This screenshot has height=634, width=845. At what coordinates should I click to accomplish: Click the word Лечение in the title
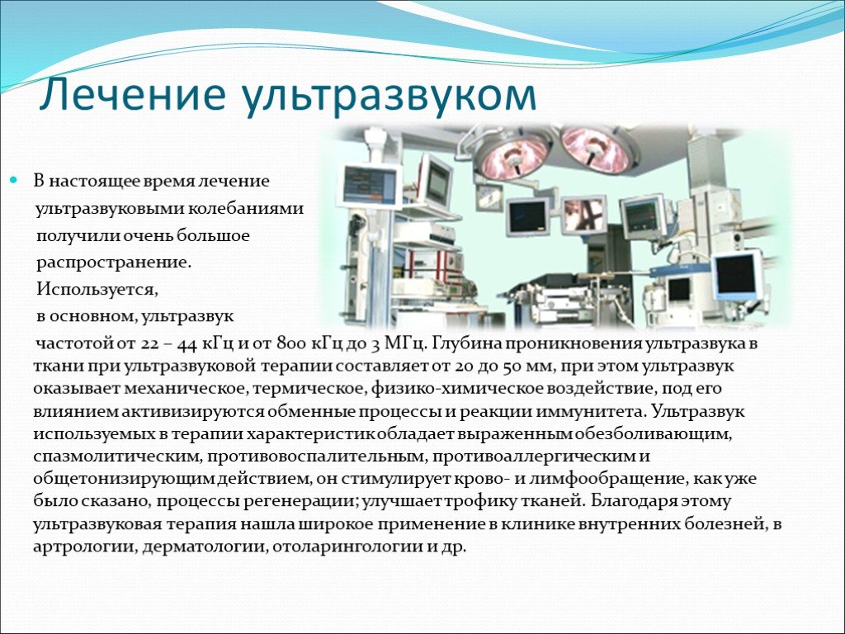[x=132, y=95]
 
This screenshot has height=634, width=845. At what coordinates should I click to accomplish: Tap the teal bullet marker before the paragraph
[x=15, y=179]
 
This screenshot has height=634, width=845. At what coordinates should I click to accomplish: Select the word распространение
[x=114, y=263]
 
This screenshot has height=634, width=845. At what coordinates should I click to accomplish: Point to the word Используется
[x=97, y=290]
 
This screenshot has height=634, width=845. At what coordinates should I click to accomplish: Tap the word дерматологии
[x=205, y=547]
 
